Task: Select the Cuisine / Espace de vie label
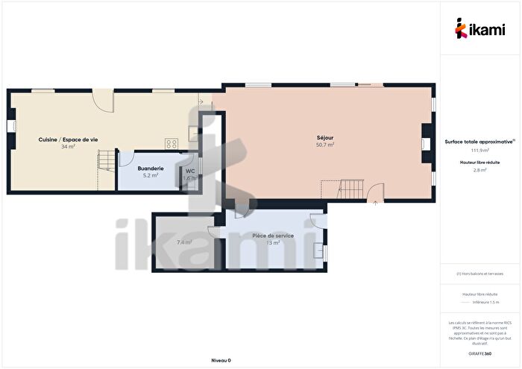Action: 69,139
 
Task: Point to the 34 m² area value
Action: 69,147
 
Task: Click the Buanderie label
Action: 151,168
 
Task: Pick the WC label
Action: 189,171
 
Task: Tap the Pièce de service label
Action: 272,236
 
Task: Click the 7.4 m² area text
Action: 183,242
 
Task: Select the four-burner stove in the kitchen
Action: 172,144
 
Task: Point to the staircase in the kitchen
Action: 107,160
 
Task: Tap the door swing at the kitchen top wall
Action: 102,100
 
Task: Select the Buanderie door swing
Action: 125,159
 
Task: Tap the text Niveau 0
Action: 221,360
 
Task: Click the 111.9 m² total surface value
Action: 479,151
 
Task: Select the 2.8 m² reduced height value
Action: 479,170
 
